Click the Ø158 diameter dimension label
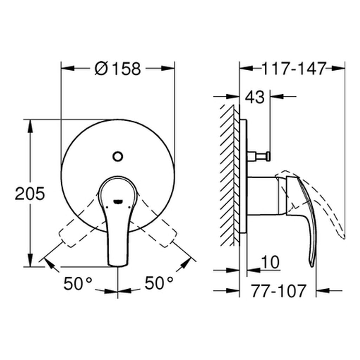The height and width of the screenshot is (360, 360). tap(118, 68)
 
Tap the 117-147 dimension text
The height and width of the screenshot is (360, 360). tap(293, 68)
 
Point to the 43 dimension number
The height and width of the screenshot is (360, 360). tap(255, 97)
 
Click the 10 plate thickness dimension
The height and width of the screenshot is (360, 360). tap(270, 262)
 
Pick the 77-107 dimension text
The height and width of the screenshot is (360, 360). tap(278, 291)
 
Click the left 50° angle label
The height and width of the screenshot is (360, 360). tap(78, 283)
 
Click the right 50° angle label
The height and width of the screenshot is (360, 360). tap(159, 283)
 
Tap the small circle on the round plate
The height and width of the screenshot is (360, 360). tap(117, 155)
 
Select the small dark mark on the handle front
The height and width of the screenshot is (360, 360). tap(117, 201)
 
